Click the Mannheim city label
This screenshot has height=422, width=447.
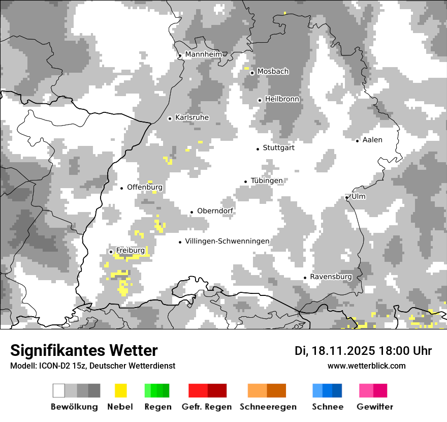coord(204,54)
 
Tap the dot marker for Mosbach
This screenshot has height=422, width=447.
coord(252,73)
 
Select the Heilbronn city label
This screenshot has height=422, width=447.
coord(282,99)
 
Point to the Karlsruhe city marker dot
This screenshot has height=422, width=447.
coord(170,118)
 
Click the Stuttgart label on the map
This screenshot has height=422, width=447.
coord(278,148)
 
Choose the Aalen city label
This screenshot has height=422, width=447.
coord(372,140)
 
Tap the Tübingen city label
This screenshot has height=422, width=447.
coord(267,180)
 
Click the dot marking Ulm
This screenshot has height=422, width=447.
coord(347,197)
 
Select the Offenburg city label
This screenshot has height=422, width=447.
coord(145,187)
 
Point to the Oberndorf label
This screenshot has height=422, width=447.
coord(215,211)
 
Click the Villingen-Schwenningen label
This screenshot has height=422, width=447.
coord(227,241)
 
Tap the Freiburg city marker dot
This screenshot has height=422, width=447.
coord(111,252)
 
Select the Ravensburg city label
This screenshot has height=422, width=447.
coord(331,277)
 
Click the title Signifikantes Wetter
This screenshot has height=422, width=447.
coord(84,351)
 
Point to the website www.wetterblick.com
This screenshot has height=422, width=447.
coord(366,366)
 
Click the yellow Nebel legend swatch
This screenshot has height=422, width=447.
coord(120,390)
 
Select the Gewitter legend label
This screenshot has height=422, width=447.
coord(375,407)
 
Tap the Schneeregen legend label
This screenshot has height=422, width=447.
coord(268,407)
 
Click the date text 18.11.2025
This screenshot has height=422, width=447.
coord(343,351)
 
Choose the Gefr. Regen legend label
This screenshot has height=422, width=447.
coord(207,407)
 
